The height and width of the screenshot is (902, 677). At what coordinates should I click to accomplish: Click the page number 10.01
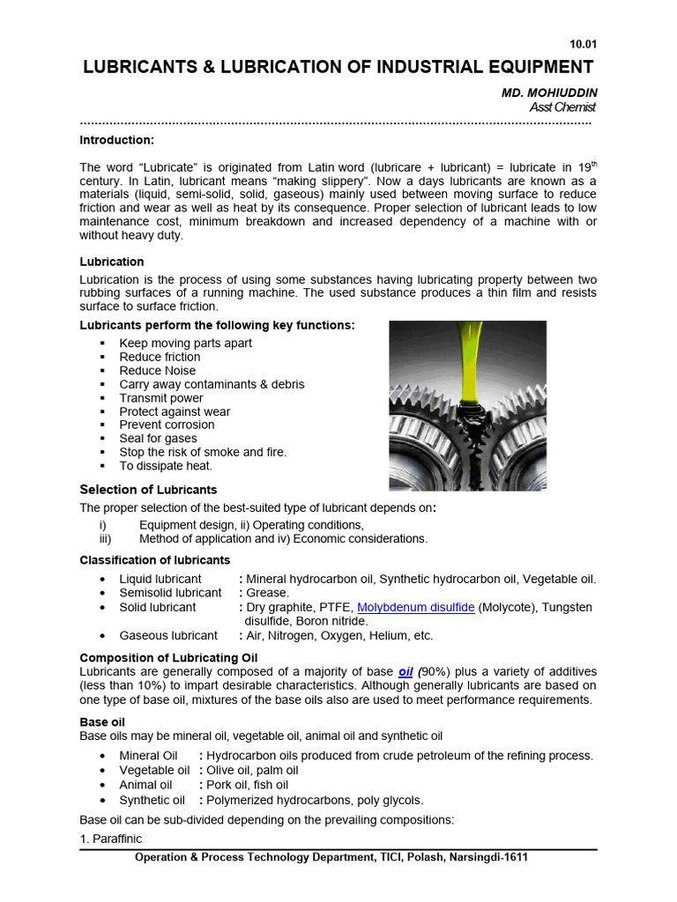pyautogui.click(x=584, y=44)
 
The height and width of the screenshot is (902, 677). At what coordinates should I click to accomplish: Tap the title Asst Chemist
pyautogui.click(x=562, y=107)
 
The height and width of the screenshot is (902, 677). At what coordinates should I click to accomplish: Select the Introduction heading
pyautogui.click(x=116, y=140)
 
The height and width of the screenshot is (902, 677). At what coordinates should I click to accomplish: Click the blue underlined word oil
pyautogui.click(x=405, y=670)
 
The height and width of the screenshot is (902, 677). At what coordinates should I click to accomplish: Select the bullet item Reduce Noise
pyautogui.click(x=158, y=371)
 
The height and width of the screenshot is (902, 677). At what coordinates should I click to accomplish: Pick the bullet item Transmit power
pyautogui.click(x=161, y=398)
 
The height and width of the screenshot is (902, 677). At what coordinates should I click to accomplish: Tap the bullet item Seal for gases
pyautogui.click(x=159, y=439)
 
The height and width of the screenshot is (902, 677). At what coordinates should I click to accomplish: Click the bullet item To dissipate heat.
pyautogui.click(x=166, y=466)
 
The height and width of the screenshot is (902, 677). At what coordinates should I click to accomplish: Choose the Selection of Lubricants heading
pyautogui.click(x=148, y=490)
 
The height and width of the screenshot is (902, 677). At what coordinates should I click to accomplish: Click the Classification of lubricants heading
pyautogui.click(x=155, y=560)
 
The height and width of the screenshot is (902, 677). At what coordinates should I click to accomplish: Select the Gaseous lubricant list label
pyautogui.click(x=168, y=635)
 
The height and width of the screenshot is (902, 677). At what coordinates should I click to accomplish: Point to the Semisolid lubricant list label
pyautogui.click(x=170, y=593)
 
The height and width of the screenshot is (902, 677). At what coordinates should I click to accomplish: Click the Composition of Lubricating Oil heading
pyautogui.click(x=169, y=657)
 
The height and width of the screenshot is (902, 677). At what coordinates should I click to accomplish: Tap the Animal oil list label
pyautogui.click(x=146, y=785)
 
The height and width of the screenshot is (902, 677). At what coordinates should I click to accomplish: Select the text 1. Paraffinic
pyautogui.click(x=110, y=839)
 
